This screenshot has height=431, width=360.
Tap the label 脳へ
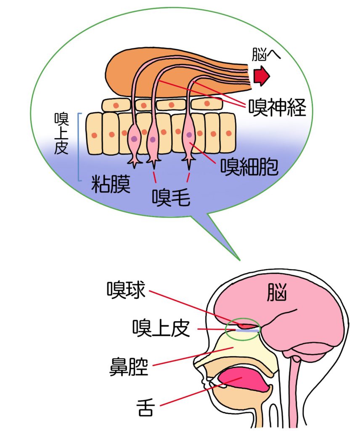point(266,55)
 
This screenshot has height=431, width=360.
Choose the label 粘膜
point(111,184)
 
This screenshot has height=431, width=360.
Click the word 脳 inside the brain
point(277,293)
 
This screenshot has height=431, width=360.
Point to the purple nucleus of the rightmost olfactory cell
point(190,134)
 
